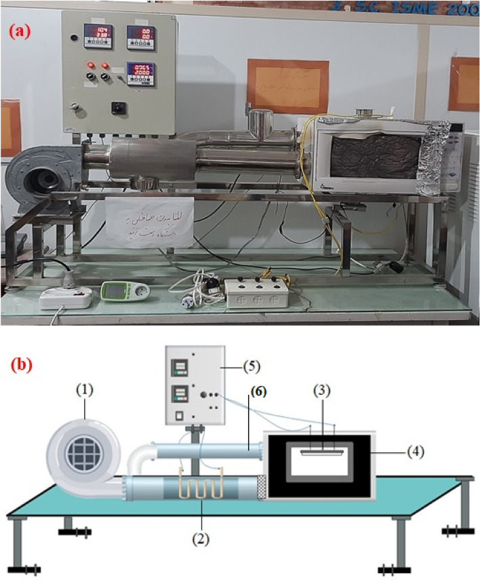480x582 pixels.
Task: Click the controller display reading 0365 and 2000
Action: tap(141, 71)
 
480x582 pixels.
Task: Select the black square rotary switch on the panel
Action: tap(120, 106)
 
